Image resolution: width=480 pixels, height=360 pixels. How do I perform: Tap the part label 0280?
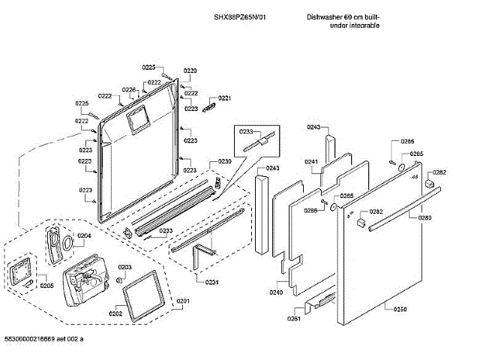424,217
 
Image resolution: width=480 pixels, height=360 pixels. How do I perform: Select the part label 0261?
293,319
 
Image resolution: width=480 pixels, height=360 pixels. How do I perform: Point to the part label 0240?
276,292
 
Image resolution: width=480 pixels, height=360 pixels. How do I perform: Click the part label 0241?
311,162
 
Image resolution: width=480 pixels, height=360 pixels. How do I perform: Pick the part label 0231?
212,281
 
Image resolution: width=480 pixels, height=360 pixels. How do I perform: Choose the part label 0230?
225,162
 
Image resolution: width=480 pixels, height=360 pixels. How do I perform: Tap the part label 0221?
224,98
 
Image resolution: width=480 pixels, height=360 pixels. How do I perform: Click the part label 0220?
190,70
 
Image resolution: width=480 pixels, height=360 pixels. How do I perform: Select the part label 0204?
84,235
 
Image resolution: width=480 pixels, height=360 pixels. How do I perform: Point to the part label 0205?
46,285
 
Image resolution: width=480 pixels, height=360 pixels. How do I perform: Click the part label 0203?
125,267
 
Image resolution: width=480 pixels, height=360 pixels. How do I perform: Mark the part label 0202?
115,313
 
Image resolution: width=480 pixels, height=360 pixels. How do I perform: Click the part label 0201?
183,301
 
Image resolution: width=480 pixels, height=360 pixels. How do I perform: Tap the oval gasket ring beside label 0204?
67,241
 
